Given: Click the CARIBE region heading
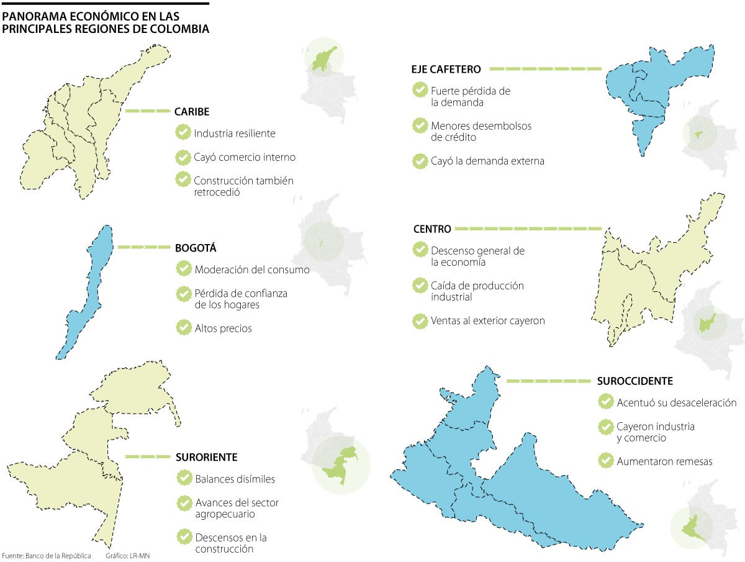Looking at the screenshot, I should pyautogui.click(x=192, y=112).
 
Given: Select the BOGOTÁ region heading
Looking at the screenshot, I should pyautogui.click(x=196, y=248).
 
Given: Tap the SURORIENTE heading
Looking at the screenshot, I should pyautogui.click(x=206, y=457).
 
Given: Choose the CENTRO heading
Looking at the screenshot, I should pyautogui.click(x=432, y=229).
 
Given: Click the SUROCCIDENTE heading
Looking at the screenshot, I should pyautogui.click(x=634, y=381).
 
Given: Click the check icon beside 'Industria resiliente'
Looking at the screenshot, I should pyautogui.click(x=183, y=132).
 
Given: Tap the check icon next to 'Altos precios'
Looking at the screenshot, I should pyautogui.click(x=184, y=327).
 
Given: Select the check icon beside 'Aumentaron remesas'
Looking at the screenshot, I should pyautogui.click(x=605, y=460).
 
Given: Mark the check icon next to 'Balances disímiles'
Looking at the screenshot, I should pyautogui.click(x=184, y=478).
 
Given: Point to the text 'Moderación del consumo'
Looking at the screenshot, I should pyautogui.click(x=251, y=270).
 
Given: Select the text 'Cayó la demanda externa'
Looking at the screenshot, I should pyautogui.click(x=487, y=161).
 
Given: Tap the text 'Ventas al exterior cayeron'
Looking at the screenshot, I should pyautogui.click(x=487, y=321).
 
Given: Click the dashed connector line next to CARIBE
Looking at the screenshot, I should pyautogui.click(x=147, y=111).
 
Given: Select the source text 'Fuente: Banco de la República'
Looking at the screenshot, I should pyautogui.click(x=47, y=556).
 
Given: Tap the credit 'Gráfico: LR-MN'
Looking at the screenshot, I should pyautogui.click(x=127, y=556).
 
